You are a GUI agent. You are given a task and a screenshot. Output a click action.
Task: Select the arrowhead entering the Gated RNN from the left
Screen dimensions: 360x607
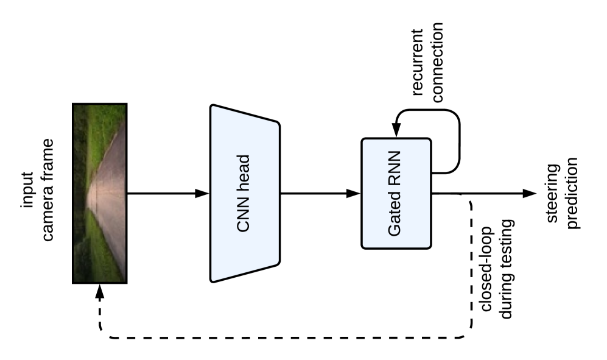click(x=354, y=194)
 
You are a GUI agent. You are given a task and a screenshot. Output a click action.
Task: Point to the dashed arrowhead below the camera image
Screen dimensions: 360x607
click(x=100, y=291)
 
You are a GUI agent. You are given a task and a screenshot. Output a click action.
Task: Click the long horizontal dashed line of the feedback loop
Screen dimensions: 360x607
click(x=280, y=337)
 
